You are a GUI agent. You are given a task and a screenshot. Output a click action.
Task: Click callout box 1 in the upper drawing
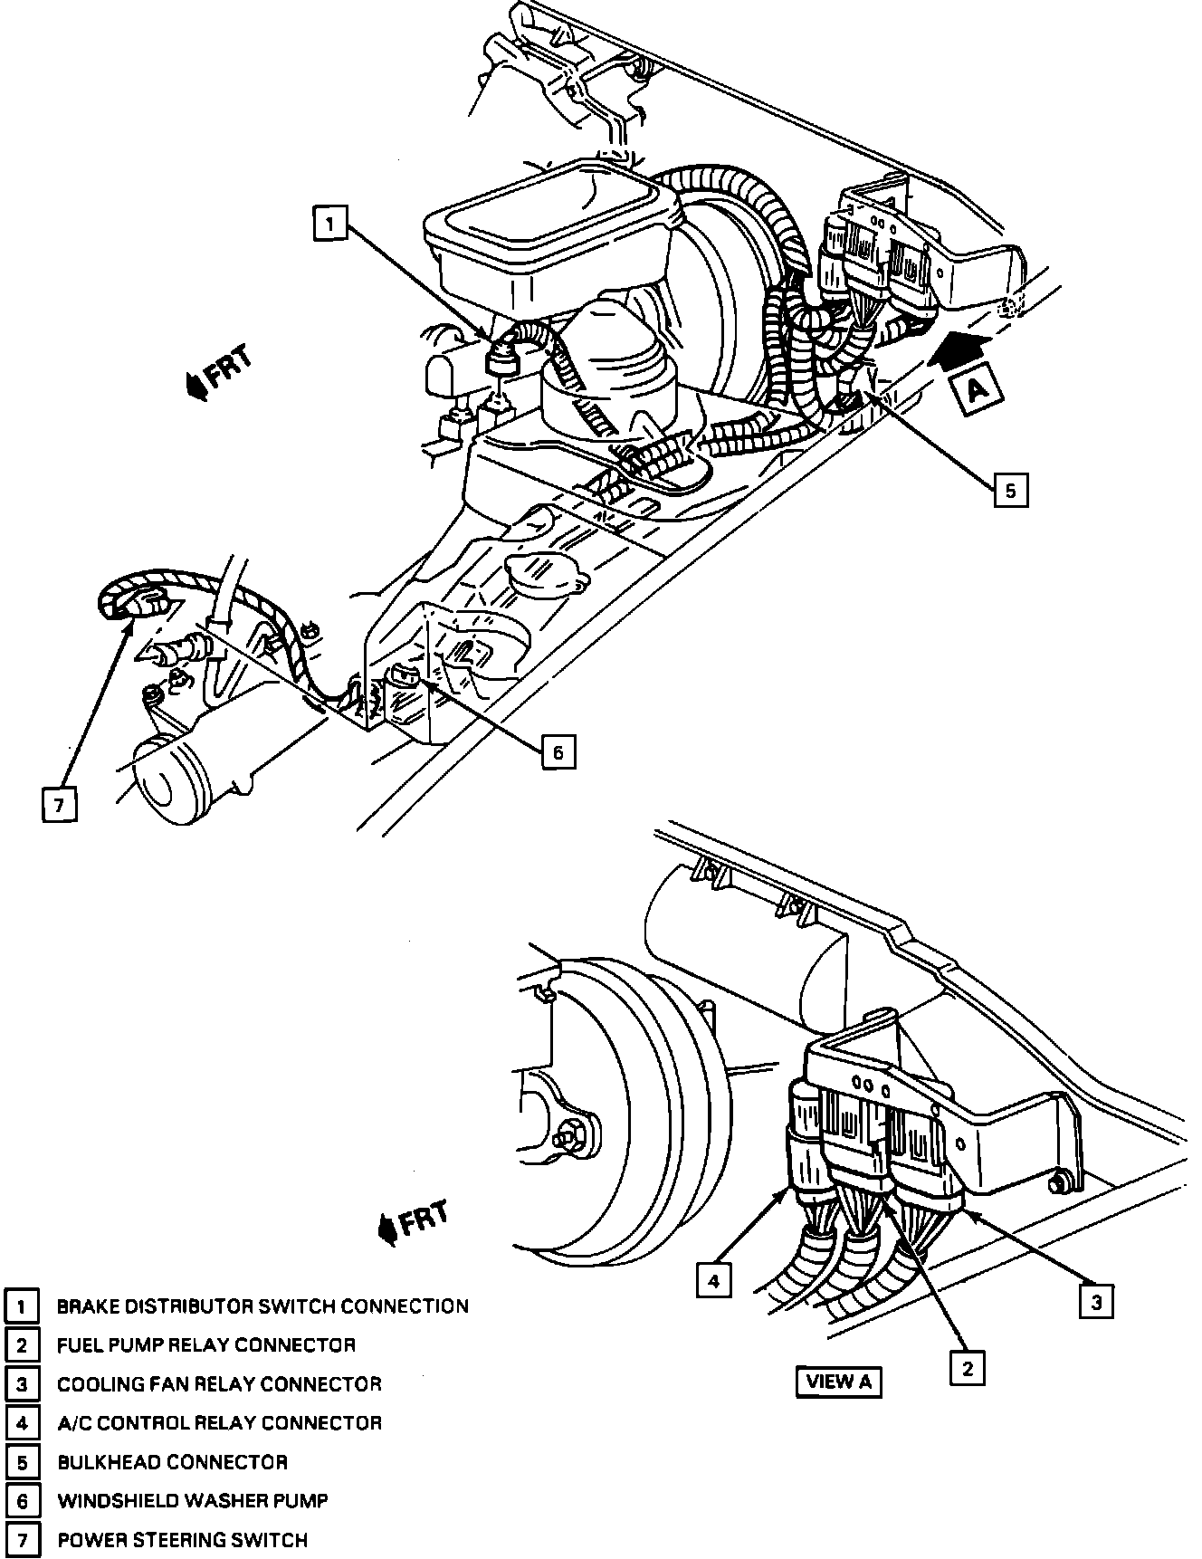pos(330,224)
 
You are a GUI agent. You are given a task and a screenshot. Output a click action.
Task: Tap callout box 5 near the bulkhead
pos(1010,490)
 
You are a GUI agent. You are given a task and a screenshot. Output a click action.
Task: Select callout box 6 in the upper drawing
pos(558,751)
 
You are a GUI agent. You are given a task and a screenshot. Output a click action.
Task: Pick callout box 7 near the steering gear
pos(59,805)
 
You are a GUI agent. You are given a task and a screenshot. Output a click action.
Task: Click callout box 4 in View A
pos(714,1280)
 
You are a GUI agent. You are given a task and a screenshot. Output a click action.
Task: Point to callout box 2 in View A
pos(967,1367)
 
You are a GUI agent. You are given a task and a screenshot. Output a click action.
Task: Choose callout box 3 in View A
pos(1095,1303)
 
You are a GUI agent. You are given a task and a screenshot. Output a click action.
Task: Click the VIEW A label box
pos(838,1381)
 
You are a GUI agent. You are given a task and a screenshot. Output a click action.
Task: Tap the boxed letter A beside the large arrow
pos(975,390)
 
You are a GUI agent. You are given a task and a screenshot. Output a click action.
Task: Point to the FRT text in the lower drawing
pos(423,1218)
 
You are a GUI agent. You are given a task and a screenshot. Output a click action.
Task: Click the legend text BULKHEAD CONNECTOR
pos(172,1462)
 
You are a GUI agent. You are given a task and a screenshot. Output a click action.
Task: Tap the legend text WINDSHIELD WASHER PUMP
pos(192,1501)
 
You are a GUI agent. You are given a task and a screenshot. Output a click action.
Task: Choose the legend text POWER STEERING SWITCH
pos(182,1540)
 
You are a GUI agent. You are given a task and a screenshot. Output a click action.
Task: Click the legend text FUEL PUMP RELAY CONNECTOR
pos(206,1345)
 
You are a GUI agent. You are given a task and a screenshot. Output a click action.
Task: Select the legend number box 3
pos(22,1384)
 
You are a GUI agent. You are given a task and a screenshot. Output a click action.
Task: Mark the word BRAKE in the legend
pos(87,1306)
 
